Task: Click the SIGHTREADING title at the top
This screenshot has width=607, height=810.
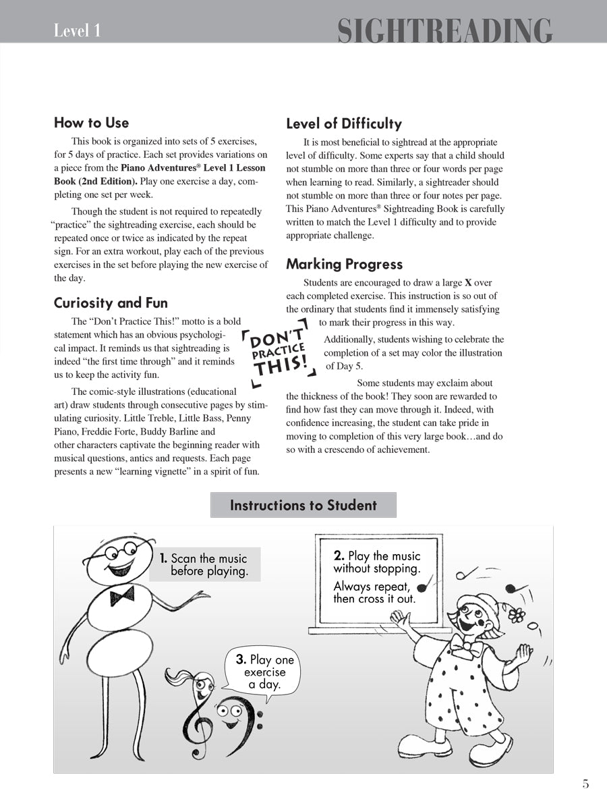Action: point(444,30)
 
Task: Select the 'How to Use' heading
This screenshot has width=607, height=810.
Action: point(91,123)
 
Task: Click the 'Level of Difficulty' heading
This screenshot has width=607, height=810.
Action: point(343,124)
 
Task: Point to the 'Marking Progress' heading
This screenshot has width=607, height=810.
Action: point(344,264)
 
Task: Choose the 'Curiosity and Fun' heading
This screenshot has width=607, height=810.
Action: point(111,302)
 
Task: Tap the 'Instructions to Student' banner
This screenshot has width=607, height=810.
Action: point(303,505)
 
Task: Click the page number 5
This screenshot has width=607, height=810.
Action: point(585,784)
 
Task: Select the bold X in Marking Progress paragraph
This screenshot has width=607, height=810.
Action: point(468,283)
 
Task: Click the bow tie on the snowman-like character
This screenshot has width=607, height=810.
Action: point(122,595)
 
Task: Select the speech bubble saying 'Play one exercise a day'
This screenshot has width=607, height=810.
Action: point(264,672)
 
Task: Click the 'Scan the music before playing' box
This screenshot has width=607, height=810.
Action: point(204,564)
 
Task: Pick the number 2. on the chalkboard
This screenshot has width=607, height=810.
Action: point(339,556)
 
